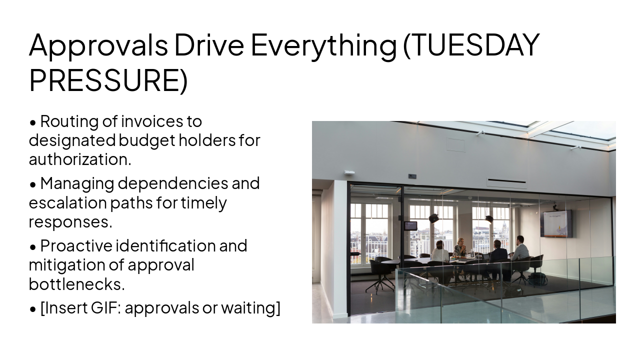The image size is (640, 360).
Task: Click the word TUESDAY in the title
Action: tap(471, 45)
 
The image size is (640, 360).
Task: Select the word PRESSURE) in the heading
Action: tap(108, 80)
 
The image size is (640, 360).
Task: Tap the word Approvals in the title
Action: tap(98, 45)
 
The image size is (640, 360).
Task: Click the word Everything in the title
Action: tap(323, 45)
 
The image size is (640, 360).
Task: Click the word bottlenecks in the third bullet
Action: tap(76, 284)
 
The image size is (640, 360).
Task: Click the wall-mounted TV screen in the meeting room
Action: tap(556, 223)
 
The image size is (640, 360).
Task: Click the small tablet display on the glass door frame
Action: tap(410, 225)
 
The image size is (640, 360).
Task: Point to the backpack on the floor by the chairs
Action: tap(537, 279)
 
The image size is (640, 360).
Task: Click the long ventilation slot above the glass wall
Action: tap(506, 181)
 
